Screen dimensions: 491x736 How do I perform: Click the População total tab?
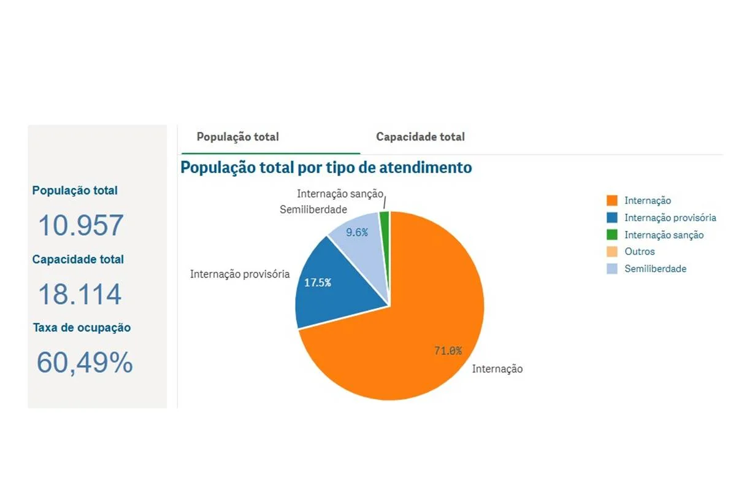click(237, 137)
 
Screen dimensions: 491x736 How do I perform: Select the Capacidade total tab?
click(420, 137)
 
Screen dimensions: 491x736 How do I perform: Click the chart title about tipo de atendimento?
click(326, 167)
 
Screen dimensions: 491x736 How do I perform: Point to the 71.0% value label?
click(448, 351)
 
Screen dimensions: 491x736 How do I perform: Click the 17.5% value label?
click(318, 282)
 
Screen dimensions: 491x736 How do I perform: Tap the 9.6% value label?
click(357, 233)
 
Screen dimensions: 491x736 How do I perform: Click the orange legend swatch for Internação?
click(611, 201)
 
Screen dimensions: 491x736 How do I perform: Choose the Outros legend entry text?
click(640, 252)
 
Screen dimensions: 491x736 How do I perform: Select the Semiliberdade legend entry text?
click(655, 269)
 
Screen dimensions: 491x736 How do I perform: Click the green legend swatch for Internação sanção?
click(611, 234)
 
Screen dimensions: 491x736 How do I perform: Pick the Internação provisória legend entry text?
click(670, 218)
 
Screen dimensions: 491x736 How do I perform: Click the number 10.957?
click(80, 225)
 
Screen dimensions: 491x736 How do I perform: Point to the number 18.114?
click(80, 295)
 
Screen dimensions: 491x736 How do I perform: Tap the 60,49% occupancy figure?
click(85, 363)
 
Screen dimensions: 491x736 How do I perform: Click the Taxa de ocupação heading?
click(82, 328)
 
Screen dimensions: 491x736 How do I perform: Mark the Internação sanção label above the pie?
click(340, 194)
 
